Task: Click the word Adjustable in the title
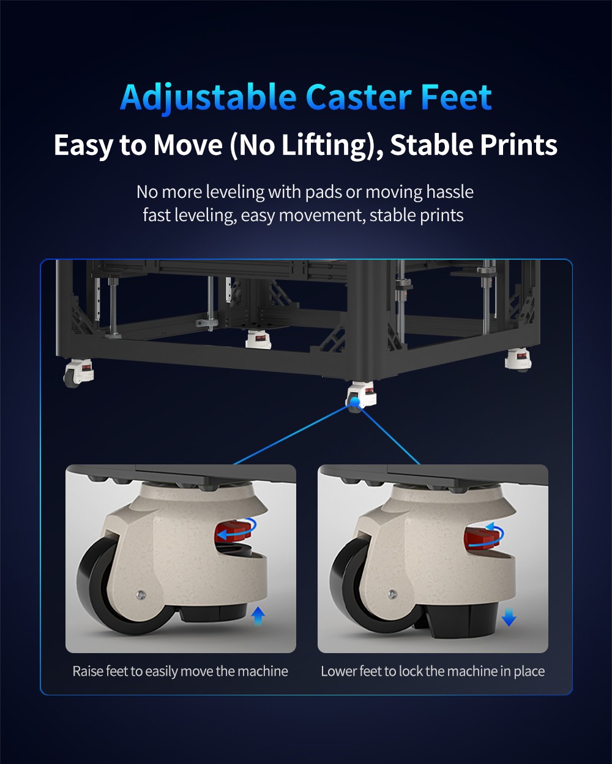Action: tap(209, 97)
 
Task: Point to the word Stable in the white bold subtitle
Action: tap(431, 145)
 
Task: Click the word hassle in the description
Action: tap(450, 192)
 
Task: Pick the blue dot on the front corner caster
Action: tap(354, 401)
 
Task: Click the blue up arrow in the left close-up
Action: tap(258, 615)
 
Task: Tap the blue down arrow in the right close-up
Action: tap(509, 617)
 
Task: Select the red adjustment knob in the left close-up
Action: tap(232, 533)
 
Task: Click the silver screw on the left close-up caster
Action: tap(141, 594)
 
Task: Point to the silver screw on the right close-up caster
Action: tap(392, 594)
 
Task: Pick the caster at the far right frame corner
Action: tap(518, 360)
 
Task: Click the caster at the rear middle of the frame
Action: tap(258, 339)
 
